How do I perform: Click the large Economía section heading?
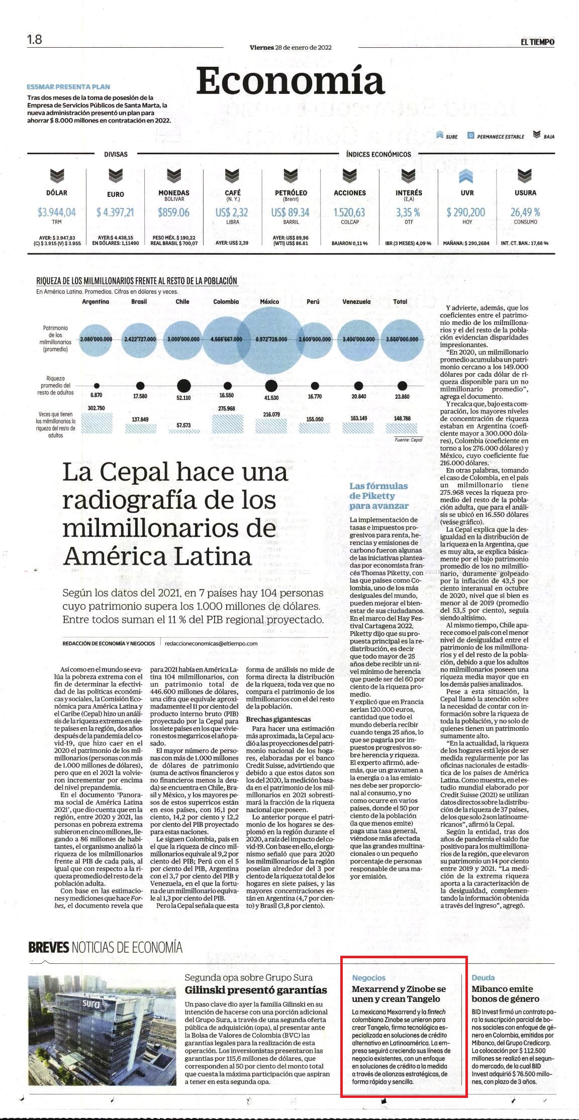point(291,81)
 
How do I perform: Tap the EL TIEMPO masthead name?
point(537,42)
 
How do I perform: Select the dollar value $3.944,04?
point(57,212)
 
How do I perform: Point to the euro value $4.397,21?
point(115,212)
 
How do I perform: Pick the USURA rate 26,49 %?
point(525,212)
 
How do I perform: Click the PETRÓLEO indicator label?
point(291,193)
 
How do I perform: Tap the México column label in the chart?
point(269,302)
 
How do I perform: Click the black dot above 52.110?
point(183,386)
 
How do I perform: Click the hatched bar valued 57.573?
point(183,430)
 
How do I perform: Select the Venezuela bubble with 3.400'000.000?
point(358,339)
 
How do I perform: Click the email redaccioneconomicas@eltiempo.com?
point(211,643)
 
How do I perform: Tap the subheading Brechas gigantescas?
point(278,720)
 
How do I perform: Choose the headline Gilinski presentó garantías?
point(256,990)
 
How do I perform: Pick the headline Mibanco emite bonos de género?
point(505,993)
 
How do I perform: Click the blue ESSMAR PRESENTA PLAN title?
point(68,86)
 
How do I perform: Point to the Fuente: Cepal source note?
point(409,439)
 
